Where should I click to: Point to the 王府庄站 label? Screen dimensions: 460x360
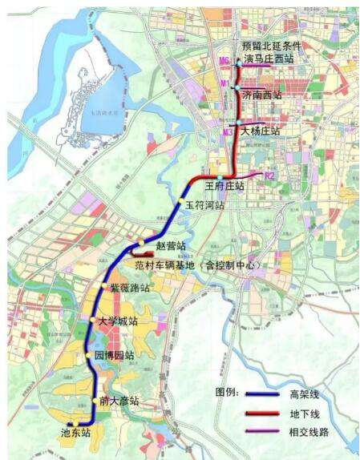(x=225, y=186)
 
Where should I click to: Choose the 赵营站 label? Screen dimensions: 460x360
(x=172, y=245)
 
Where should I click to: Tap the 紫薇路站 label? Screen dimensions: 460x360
(x=131, y=287)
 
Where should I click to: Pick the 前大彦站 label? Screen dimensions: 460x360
(x=119, y=401)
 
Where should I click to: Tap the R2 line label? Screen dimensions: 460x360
(x=270, y=174)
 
